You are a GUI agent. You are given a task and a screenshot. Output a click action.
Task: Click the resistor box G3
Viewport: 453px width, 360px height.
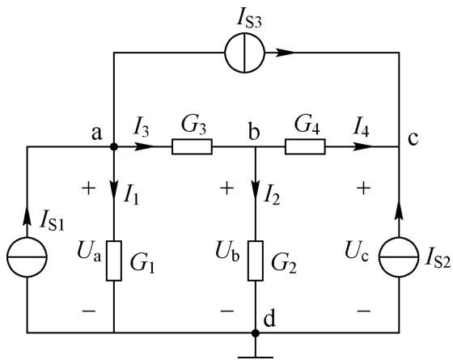pos(193,146)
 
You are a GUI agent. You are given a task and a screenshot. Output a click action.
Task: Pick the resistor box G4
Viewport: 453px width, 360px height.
pos(305,146)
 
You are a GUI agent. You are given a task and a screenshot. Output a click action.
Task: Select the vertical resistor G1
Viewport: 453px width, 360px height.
pos(114,260)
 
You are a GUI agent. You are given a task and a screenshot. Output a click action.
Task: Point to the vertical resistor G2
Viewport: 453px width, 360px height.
pos(256,260)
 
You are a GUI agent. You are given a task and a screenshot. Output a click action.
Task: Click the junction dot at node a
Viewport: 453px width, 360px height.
pos(114,146)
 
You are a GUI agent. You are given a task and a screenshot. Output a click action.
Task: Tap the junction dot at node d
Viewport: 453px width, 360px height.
pos(256,333)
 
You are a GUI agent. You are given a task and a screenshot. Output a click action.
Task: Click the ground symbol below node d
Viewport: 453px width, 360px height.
pos(256,358)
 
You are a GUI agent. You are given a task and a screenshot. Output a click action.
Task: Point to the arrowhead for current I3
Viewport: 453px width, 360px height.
pos(145,146)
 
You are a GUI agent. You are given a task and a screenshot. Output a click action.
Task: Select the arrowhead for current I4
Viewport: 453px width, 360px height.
pos(363,146)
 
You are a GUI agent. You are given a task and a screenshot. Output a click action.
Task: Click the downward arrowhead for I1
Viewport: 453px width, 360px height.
pos(114,189)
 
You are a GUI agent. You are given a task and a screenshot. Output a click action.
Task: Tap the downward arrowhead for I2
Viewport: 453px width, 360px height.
pos(256,189)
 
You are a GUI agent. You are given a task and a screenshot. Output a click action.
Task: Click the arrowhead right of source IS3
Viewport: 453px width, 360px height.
pos(286,53)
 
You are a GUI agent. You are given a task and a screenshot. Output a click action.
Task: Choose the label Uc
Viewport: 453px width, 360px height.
pos(357,252)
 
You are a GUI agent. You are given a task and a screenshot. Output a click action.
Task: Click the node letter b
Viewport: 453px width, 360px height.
pos(254,133)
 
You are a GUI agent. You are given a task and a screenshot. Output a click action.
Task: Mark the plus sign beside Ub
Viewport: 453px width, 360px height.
pos(227,188)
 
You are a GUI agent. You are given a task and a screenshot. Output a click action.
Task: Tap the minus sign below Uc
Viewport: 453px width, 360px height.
pos(364,311)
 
